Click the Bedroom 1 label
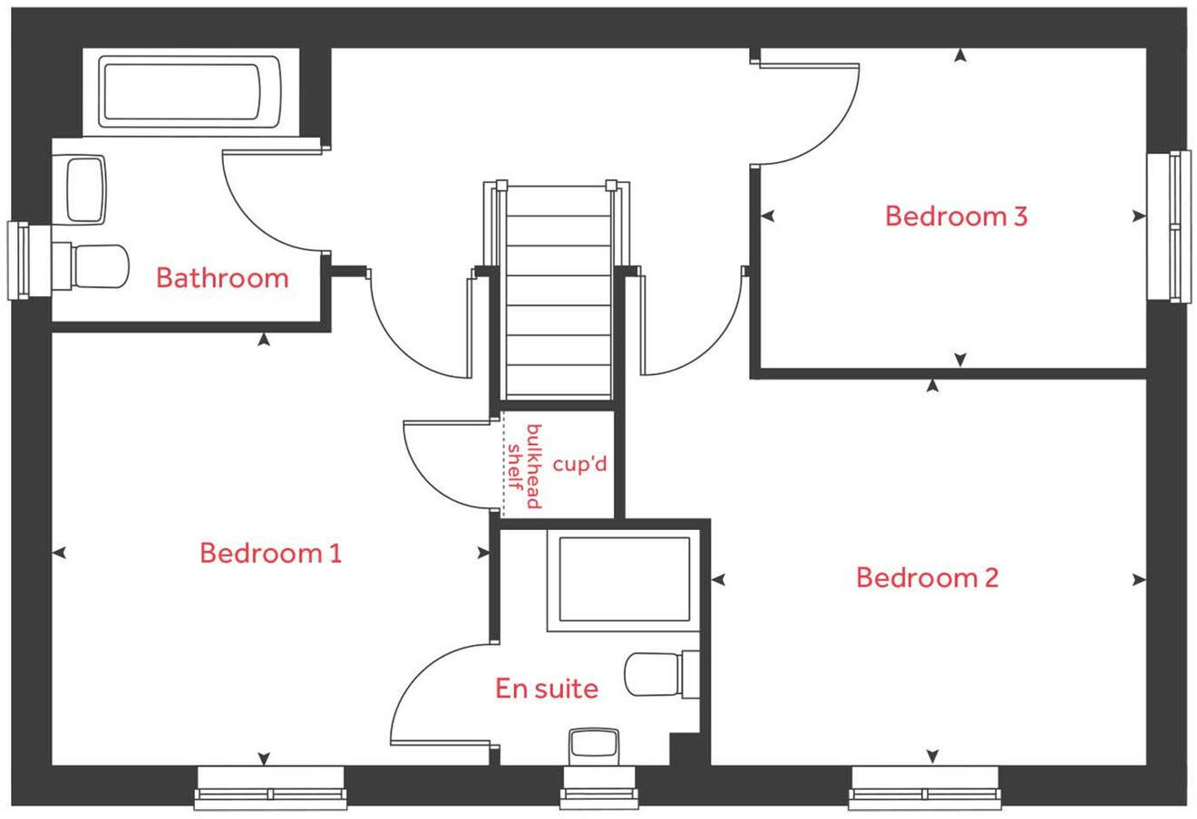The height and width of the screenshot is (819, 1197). point(270,553)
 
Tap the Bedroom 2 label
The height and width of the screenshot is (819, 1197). point(927,577)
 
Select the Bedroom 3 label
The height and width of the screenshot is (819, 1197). point(956,217)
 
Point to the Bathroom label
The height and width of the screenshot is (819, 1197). point(222,277)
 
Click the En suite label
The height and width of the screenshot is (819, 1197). point(547,689)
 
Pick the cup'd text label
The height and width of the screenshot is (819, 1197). point(579,466)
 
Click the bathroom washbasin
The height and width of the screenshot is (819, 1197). point(86,188)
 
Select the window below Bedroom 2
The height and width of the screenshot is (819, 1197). point(924,787)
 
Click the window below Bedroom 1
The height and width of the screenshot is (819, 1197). point(270,787)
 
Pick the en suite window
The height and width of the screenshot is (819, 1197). point(595,789)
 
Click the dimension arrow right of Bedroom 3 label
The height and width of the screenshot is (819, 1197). point(1138,217)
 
